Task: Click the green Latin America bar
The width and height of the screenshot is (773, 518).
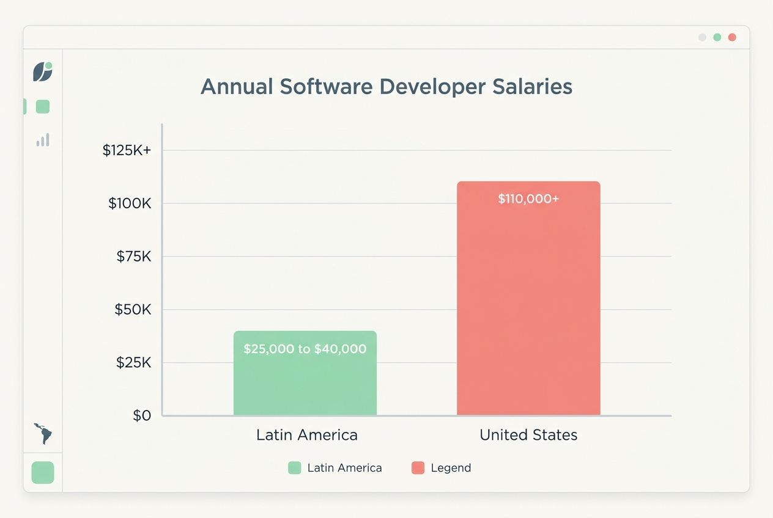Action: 305,382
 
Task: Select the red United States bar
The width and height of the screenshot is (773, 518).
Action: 528,305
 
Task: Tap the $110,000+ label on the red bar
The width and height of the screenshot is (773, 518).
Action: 528,199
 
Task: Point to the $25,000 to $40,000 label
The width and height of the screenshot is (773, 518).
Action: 305,349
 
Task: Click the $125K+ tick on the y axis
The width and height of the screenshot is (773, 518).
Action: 127,150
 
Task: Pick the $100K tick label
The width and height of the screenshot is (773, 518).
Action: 130,203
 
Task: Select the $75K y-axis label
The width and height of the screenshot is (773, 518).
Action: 133,257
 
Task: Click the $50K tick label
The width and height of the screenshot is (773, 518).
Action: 133,310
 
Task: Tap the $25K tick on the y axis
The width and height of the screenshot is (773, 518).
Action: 133,363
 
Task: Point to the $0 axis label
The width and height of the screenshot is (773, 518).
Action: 142,416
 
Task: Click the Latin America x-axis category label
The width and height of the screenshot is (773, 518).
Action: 306,435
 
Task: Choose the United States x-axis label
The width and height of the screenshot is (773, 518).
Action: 528,435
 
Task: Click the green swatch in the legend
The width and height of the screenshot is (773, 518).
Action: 295,468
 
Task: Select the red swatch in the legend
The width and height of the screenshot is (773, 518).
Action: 418,468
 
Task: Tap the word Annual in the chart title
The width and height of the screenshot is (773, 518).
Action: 237,87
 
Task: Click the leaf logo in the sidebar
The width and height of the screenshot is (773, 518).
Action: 43,71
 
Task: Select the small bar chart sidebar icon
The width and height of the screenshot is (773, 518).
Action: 43,140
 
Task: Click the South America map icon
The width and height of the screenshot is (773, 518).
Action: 43,433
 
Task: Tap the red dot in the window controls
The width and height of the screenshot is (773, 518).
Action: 732,37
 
